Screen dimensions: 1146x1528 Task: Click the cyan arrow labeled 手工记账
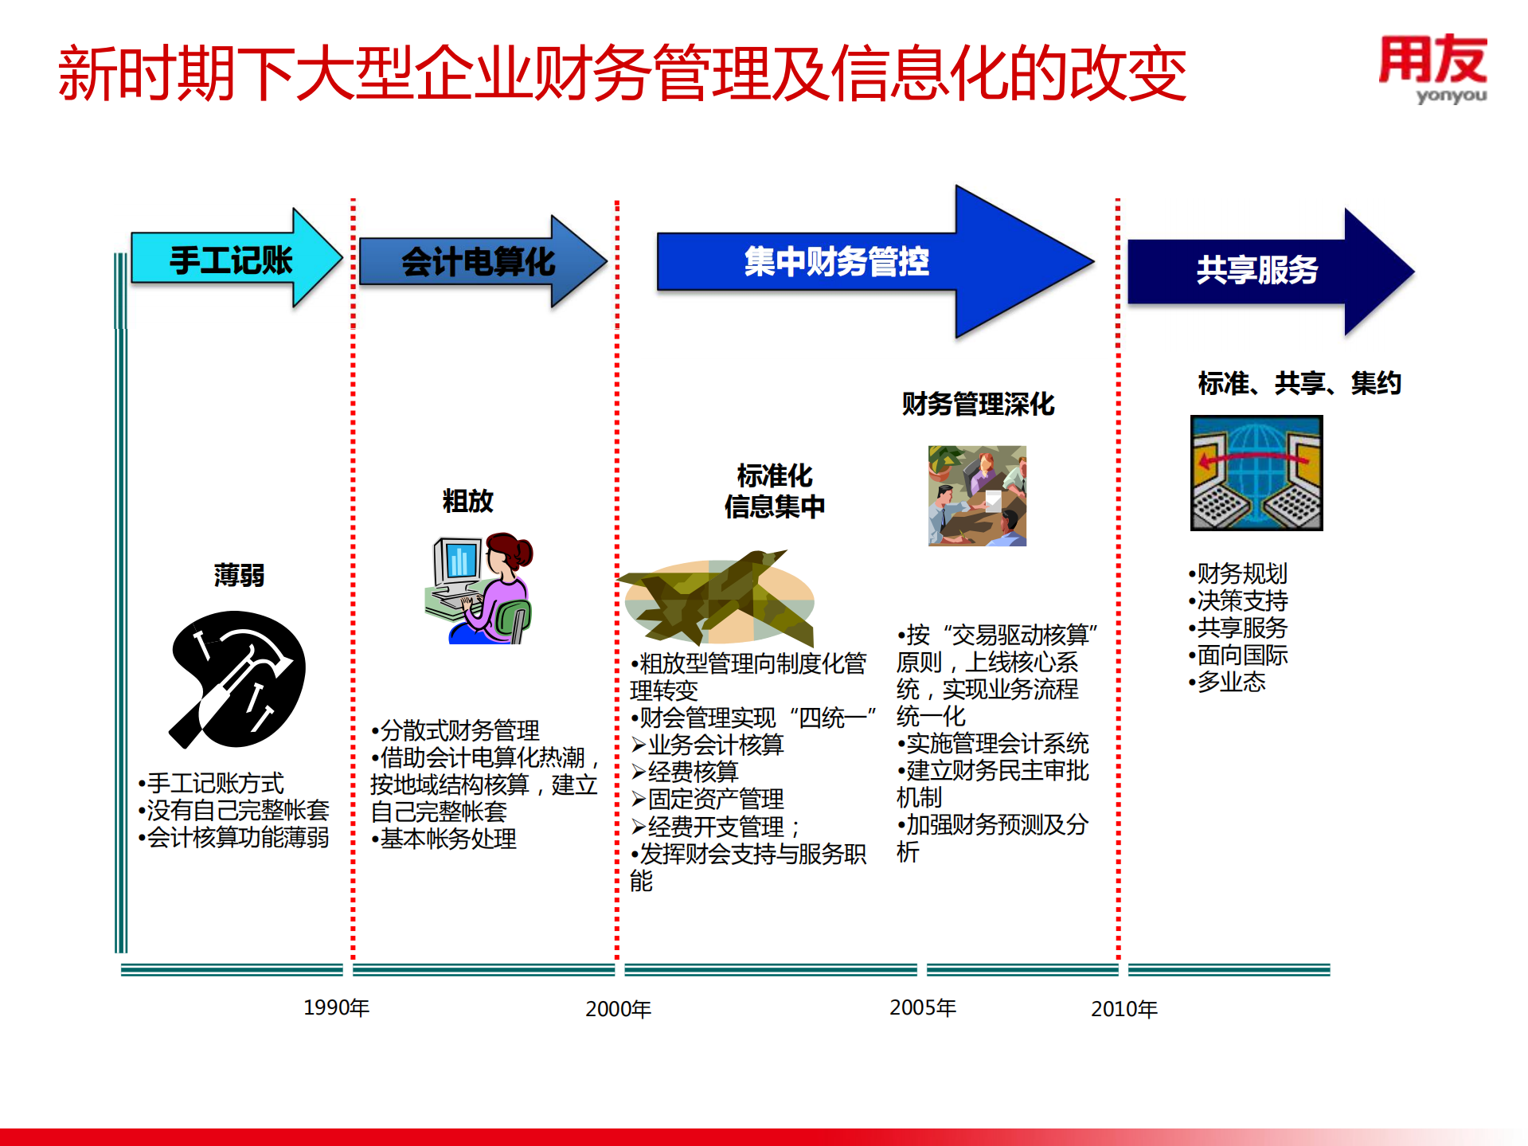(231, 259)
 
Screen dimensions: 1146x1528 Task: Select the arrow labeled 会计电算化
(478, 261)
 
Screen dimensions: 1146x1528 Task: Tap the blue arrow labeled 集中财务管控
(836, 261)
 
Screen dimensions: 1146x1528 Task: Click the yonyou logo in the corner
(1432, 68)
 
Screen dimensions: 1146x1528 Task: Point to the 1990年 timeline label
(336, 1007)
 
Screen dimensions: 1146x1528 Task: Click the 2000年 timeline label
(618, 1009)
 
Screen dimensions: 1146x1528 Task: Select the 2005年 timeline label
(922, 1007)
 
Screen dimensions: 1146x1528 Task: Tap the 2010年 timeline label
(1124, 1009)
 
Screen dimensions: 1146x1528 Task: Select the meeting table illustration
(977, 495)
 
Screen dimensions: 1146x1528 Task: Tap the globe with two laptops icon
(1256, 473)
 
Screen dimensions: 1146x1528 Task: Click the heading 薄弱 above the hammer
(239, 575)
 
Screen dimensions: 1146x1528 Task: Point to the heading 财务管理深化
(977, 404)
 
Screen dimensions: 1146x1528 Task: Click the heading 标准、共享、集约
(1299, 384)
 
